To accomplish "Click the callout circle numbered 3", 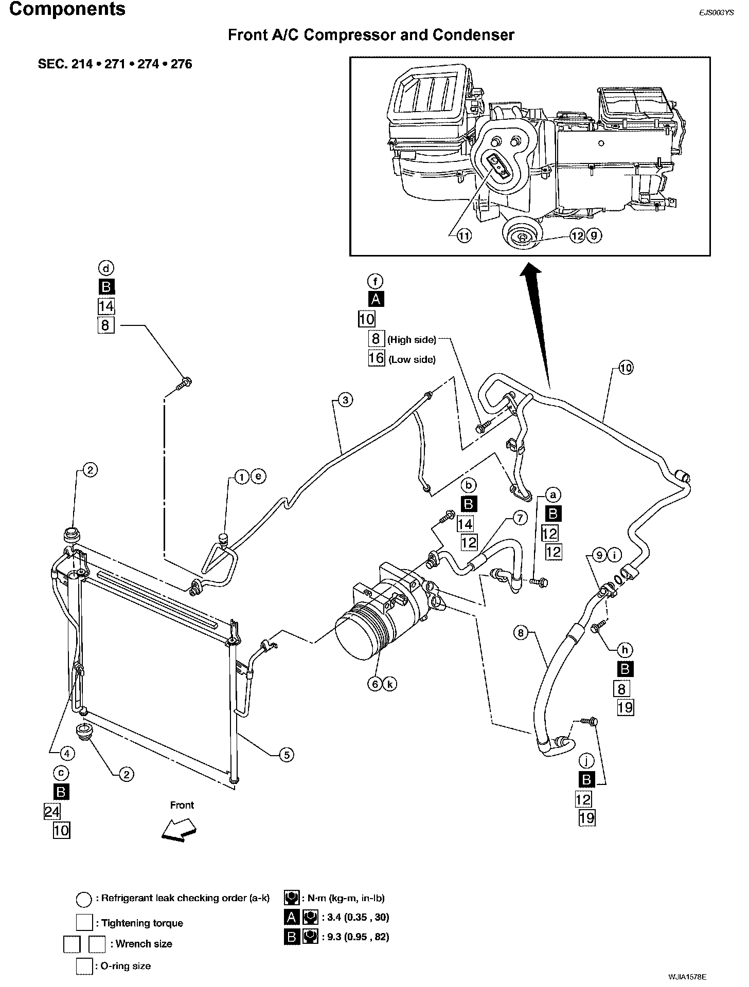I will tap(346, 400).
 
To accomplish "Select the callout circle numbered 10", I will tap(626, 368).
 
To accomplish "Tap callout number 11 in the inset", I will tap(464, 236).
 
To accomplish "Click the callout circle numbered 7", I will tap(520, 518).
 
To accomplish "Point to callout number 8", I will tap(521, 632).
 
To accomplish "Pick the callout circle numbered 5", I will tap(286, 755).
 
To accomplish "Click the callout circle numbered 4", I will tap(67, 754).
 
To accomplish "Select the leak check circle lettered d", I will tap(106, 268).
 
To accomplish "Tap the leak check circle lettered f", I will tap(376, 281).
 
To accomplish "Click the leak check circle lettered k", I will tap(390, 684).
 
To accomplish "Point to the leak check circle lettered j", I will tap(586, 760).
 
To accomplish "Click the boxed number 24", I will tap(52, 812).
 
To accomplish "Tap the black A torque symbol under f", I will tap(376, 299).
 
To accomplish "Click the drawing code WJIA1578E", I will tap(688, 976).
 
